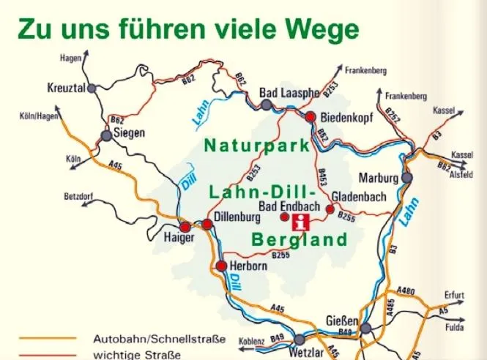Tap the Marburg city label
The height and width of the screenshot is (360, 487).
[x=379, y=178]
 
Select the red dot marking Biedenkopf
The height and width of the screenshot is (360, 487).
[x=311, y=116]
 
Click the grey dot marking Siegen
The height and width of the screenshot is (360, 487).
[x=106, y=135]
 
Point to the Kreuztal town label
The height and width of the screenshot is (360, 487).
[x=67, y=88]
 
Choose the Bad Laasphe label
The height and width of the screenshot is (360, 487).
[x=290, y=94]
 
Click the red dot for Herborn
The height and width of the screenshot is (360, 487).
[x=222, y=266]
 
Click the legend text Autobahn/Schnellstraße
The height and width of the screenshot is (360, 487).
[x=159, y=340]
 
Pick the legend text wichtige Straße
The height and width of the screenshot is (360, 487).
[x=137, y=355]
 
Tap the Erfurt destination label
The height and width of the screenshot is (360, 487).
[x=454, y=295]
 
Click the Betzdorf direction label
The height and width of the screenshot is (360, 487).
[x=81, y=196]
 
